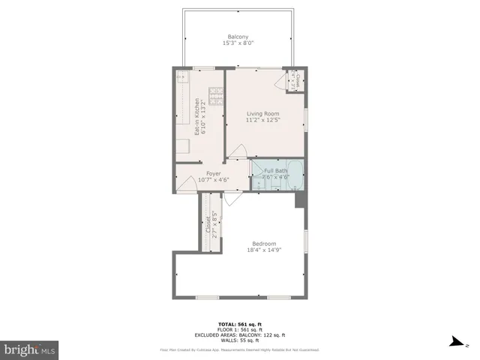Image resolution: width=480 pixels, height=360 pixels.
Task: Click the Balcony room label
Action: (x=238, y=37)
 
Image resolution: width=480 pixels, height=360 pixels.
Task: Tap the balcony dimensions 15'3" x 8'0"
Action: (x=238, y=43)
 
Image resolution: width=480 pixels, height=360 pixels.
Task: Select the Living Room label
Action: (x=262, y=114)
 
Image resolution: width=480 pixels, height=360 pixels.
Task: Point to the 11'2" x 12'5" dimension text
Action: (x=262, y=121)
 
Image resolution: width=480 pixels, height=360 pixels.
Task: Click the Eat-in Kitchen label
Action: (x=197, y=117)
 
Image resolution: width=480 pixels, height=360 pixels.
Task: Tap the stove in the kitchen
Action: (x=216, y=95)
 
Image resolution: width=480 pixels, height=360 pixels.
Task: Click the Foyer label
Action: (x=213, y=173)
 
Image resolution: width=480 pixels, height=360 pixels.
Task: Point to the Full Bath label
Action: (x=275, y=171)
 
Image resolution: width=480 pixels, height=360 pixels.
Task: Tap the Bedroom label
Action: (x=264, y=244)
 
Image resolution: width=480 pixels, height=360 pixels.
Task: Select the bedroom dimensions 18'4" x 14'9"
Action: (x=264, y=250)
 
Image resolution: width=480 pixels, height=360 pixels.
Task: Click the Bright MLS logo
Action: (x=30, y=349)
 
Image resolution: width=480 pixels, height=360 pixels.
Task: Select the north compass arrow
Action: (x=452, y=343)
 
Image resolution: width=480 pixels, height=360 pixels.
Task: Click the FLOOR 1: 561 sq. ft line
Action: (x=239, y=329)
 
